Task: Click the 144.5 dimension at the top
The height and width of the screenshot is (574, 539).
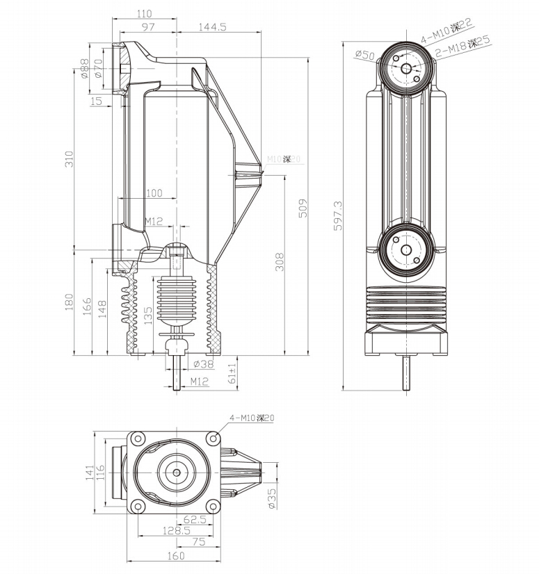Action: [x=213, y=26]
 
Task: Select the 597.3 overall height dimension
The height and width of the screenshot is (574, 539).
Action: [x=339, y=216]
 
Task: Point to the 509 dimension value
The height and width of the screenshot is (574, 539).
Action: [x=303, y=208]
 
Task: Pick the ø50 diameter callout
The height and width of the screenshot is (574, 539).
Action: [x=364, y=55]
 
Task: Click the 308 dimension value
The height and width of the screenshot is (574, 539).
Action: [x=279, y=261]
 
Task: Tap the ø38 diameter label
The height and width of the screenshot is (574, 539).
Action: [x=202, y=363]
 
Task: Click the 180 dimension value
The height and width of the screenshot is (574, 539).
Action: [x=69, y=302]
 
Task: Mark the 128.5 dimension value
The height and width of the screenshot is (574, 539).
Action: [x=176, y=531]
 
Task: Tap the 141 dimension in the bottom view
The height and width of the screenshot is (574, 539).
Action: [x=89, y=473]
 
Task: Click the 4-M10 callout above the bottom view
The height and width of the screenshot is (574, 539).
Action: [x=253, y=418]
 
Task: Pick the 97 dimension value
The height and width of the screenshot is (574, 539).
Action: [x=147, y=26]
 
